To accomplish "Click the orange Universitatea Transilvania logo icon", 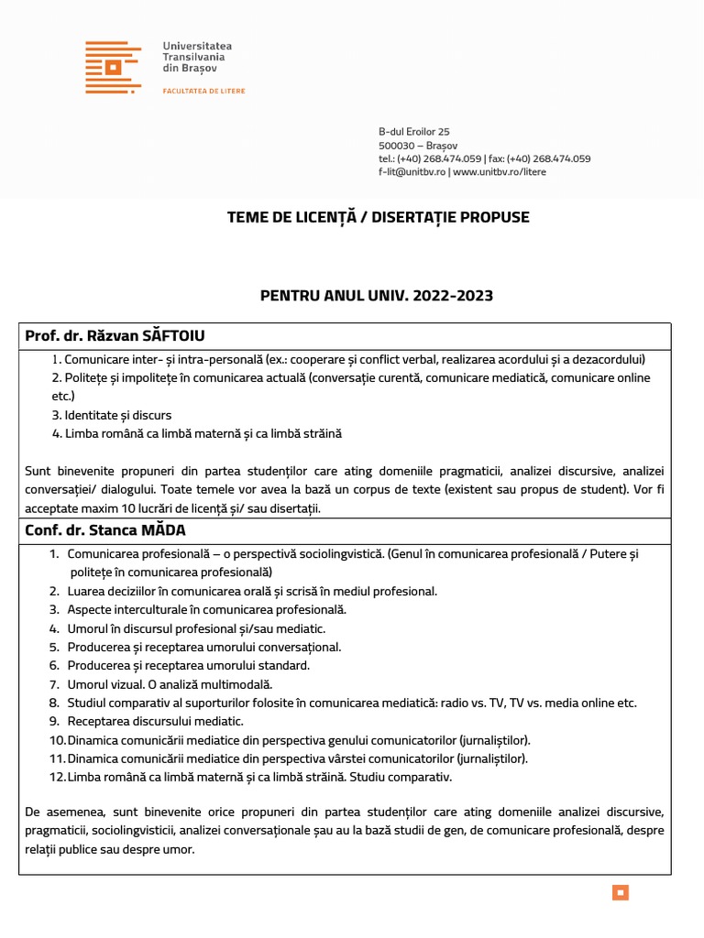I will (x=113, y=67).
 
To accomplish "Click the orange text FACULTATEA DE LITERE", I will (x=203, y=92).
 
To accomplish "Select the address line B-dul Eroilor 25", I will (x=413, y=132).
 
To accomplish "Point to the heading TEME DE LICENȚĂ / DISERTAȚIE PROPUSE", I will (x=379, y=218).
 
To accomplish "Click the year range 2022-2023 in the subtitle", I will (x=453, y=295).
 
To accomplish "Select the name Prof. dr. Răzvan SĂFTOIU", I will (x=122, y=336).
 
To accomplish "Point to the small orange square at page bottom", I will (x=621, y=892).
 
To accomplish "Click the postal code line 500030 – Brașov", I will (x=418, y=146).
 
